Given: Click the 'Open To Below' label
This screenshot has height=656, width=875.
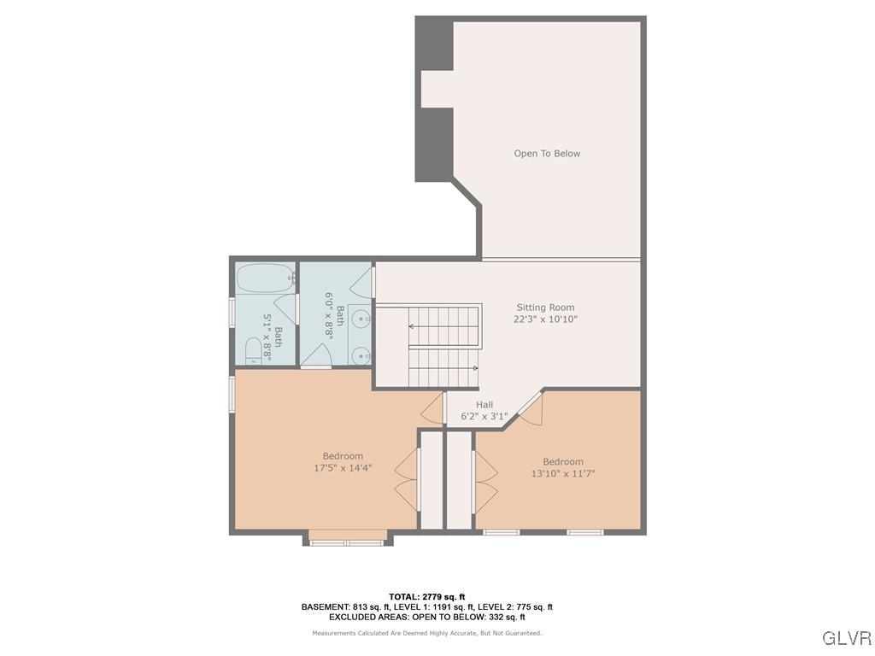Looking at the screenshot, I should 547,154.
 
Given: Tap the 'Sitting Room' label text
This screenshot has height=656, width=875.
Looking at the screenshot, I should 545,307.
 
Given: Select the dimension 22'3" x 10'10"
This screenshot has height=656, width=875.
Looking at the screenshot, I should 545,319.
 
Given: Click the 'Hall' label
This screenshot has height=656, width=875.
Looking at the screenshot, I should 484,405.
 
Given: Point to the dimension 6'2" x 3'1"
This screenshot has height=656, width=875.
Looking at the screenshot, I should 484,417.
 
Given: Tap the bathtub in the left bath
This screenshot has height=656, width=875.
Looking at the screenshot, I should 264,278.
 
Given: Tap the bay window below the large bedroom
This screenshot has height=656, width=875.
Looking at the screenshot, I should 347,540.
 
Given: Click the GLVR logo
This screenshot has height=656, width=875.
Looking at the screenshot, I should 846,638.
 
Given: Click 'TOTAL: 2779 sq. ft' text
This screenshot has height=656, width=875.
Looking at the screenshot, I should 426,597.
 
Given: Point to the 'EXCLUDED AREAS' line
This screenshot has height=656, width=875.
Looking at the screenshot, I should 426,617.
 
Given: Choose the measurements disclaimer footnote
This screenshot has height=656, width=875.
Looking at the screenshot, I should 426,633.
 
